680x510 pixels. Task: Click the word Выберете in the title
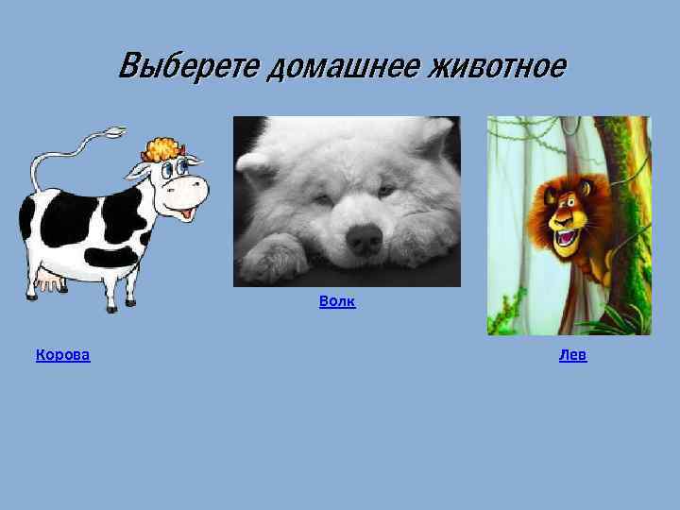[190, 67]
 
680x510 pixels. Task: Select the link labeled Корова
[62, 355]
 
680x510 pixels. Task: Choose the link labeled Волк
[337, 301]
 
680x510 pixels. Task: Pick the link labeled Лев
[572, 355]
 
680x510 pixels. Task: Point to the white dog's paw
[268, 259]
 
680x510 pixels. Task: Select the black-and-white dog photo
[347, 201]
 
